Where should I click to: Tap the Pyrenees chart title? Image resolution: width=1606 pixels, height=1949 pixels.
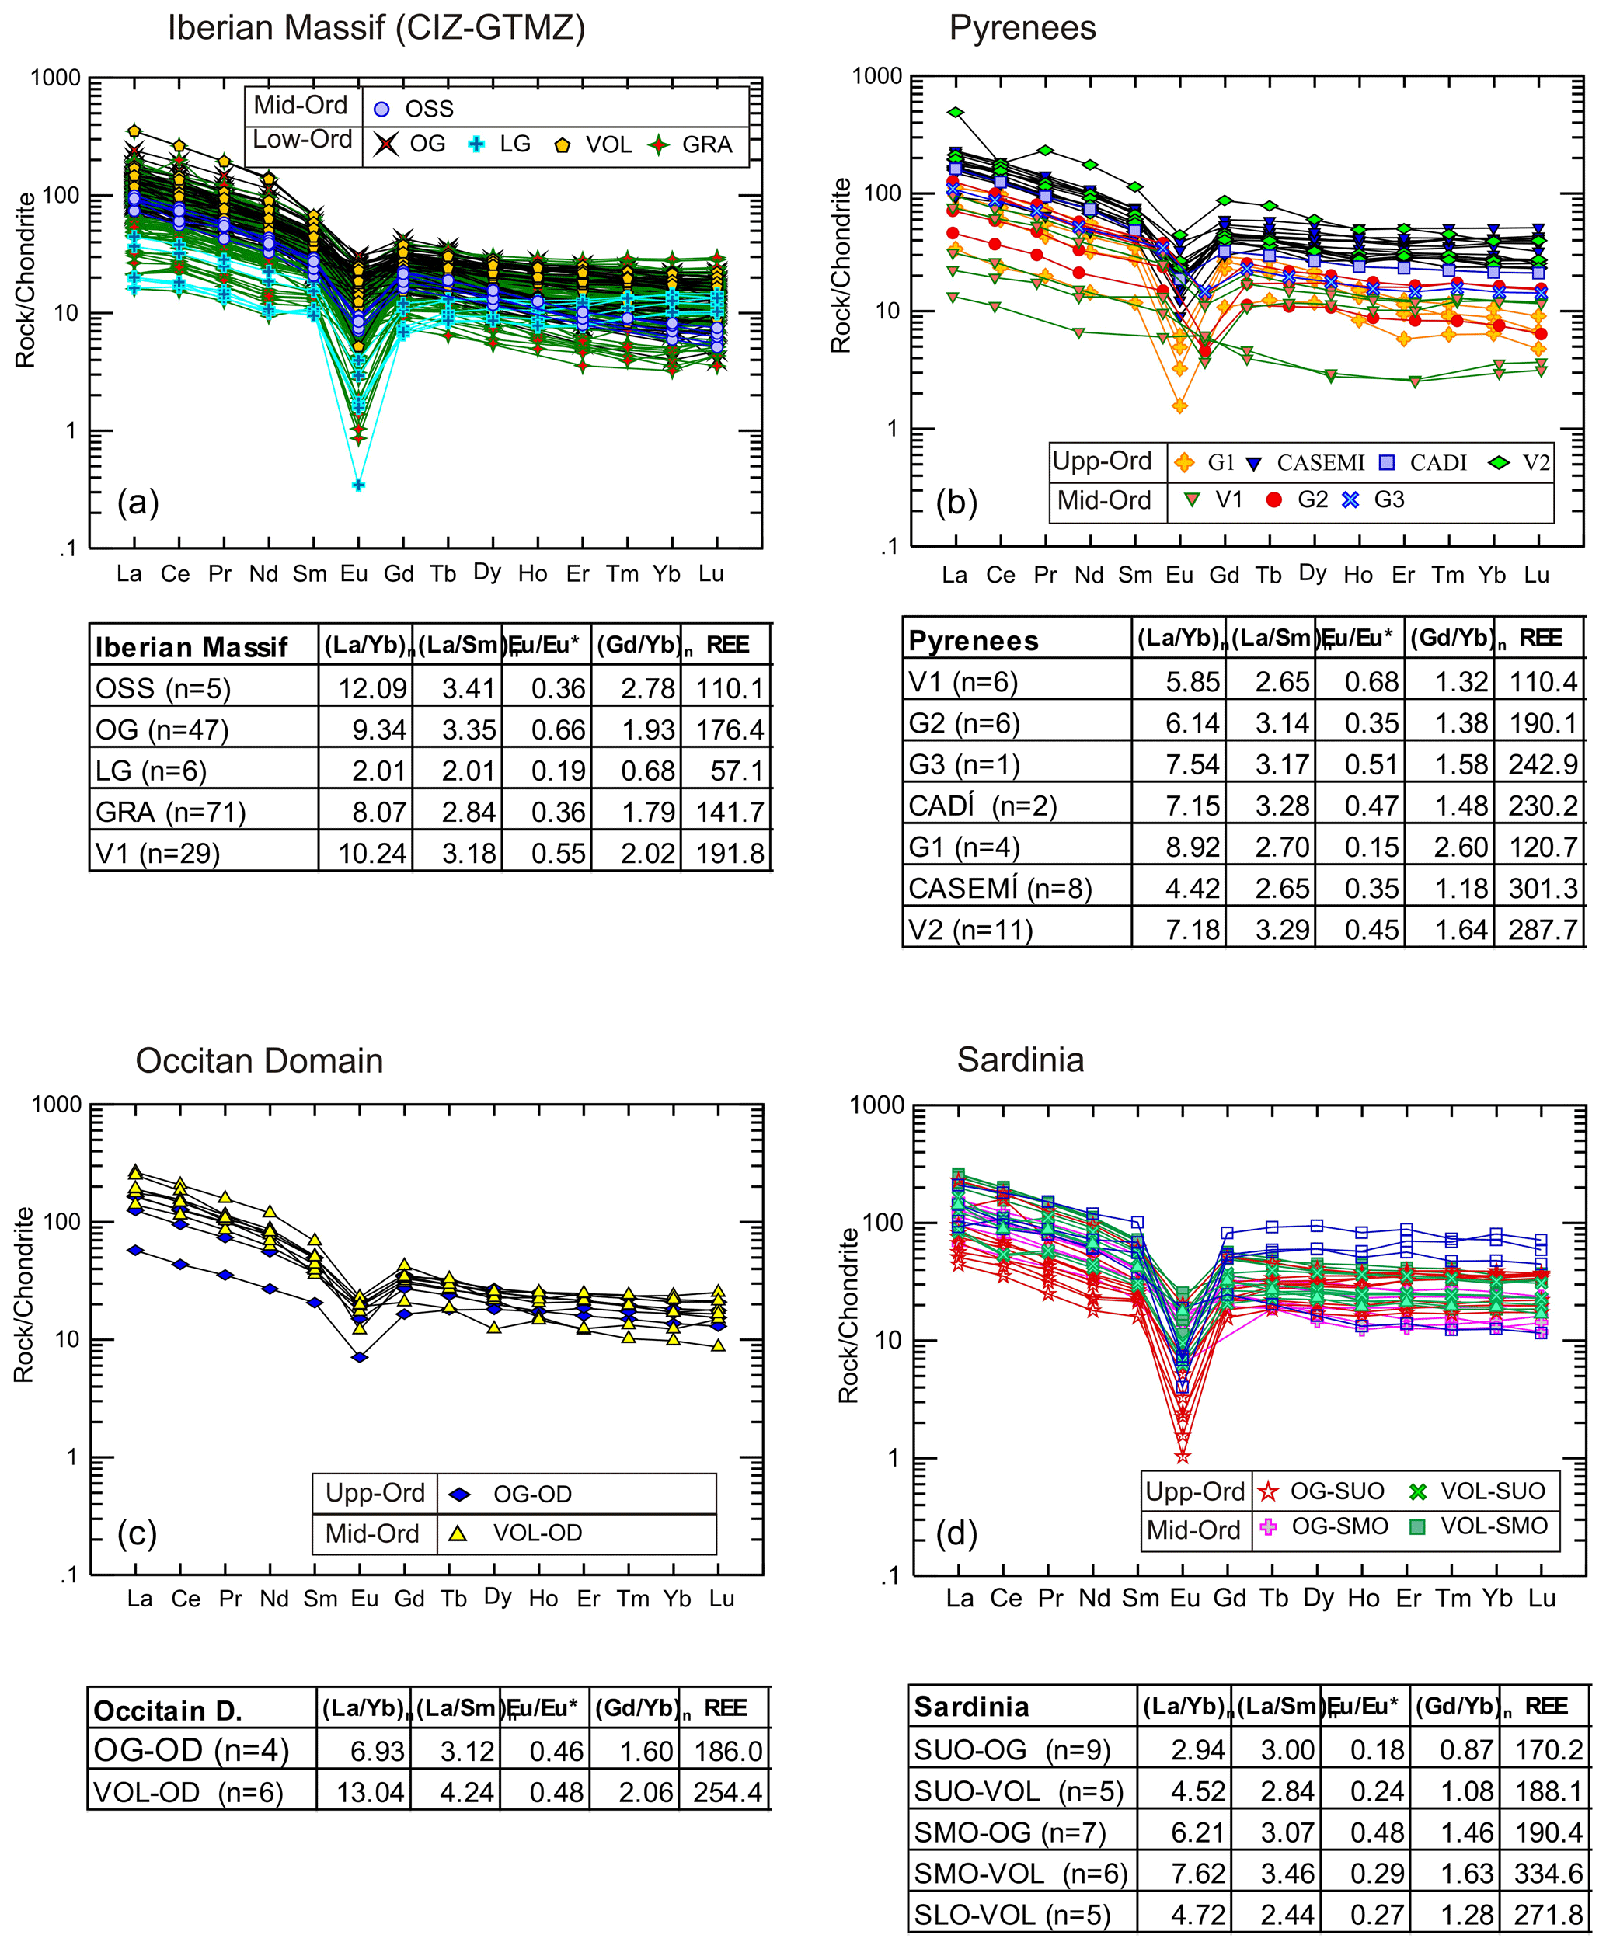point(1022,28)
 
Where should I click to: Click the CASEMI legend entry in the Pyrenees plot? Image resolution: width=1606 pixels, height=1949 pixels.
point(1305,462)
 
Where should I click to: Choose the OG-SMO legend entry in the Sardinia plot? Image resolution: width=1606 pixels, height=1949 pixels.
point(1324,1526)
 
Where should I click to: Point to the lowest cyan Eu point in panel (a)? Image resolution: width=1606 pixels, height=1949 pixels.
point(359,485)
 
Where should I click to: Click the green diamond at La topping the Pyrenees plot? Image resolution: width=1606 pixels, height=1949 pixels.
point(955,113)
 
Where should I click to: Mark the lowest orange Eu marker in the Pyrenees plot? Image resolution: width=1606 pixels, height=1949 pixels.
point(1179,406)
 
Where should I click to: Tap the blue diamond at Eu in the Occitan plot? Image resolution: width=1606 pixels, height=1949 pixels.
point(360,1357)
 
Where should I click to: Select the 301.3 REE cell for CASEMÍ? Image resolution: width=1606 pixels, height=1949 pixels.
point(1542,888)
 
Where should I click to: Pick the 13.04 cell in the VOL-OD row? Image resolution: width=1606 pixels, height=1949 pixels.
point(370,1793)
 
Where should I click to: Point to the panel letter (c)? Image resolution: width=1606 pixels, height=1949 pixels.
point(137,1533)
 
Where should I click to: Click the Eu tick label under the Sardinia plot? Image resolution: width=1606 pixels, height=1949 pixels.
point(1184,1597)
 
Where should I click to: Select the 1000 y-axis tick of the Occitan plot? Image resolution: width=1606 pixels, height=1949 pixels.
point(57,1105)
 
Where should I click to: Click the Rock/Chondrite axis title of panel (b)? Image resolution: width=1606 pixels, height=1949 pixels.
point(841,266)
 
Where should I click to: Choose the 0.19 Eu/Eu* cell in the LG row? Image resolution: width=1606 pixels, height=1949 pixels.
point(558,771)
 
